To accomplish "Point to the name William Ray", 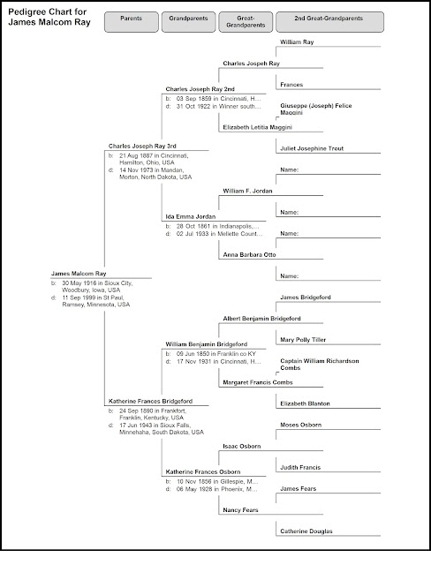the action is (298, 41).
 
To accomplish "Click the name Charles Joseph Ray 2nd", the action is (200, 88).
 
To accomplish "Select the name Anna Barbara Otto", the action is (250, 255).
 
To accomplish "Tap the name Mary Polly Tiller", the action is (305, 340).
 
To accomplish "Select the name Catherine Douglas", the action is (308, 531).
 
